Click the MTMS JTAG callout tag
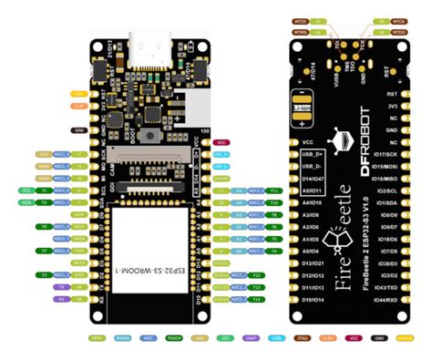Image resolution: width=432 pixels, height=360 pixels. point(300,31)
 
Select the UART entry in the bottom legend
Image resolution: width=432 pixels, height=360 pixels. point(250,336)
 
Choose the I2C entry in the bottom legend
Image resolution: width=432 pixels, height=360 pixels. point(224,336)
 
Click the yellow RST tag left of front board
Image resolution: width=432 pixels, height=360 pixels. point(79,93)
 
